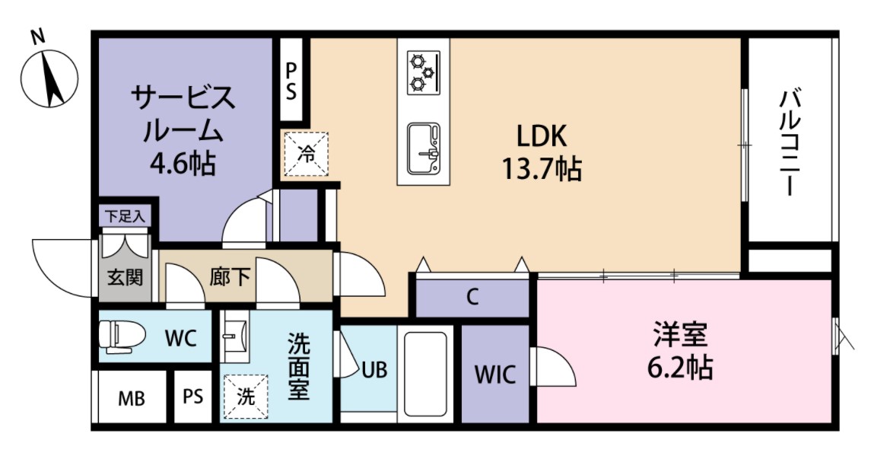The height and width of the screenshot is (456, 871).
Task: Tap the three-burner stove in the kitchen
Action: point(423,72)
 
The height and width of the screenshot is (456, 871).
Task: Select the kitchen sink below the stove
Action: point(423,148)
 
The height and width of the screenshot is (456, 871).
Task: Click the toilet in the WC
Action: point(122,336)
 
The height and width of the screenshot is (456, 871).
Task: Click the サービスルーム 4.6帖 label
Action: point(182,129)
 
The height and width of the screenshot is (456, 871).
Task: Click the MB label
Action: point(131,397)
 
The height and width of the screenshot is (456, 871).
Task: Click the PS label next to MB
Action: point(192,397)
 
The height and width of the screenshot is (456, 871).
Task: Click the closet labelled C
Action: point(472,298)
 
